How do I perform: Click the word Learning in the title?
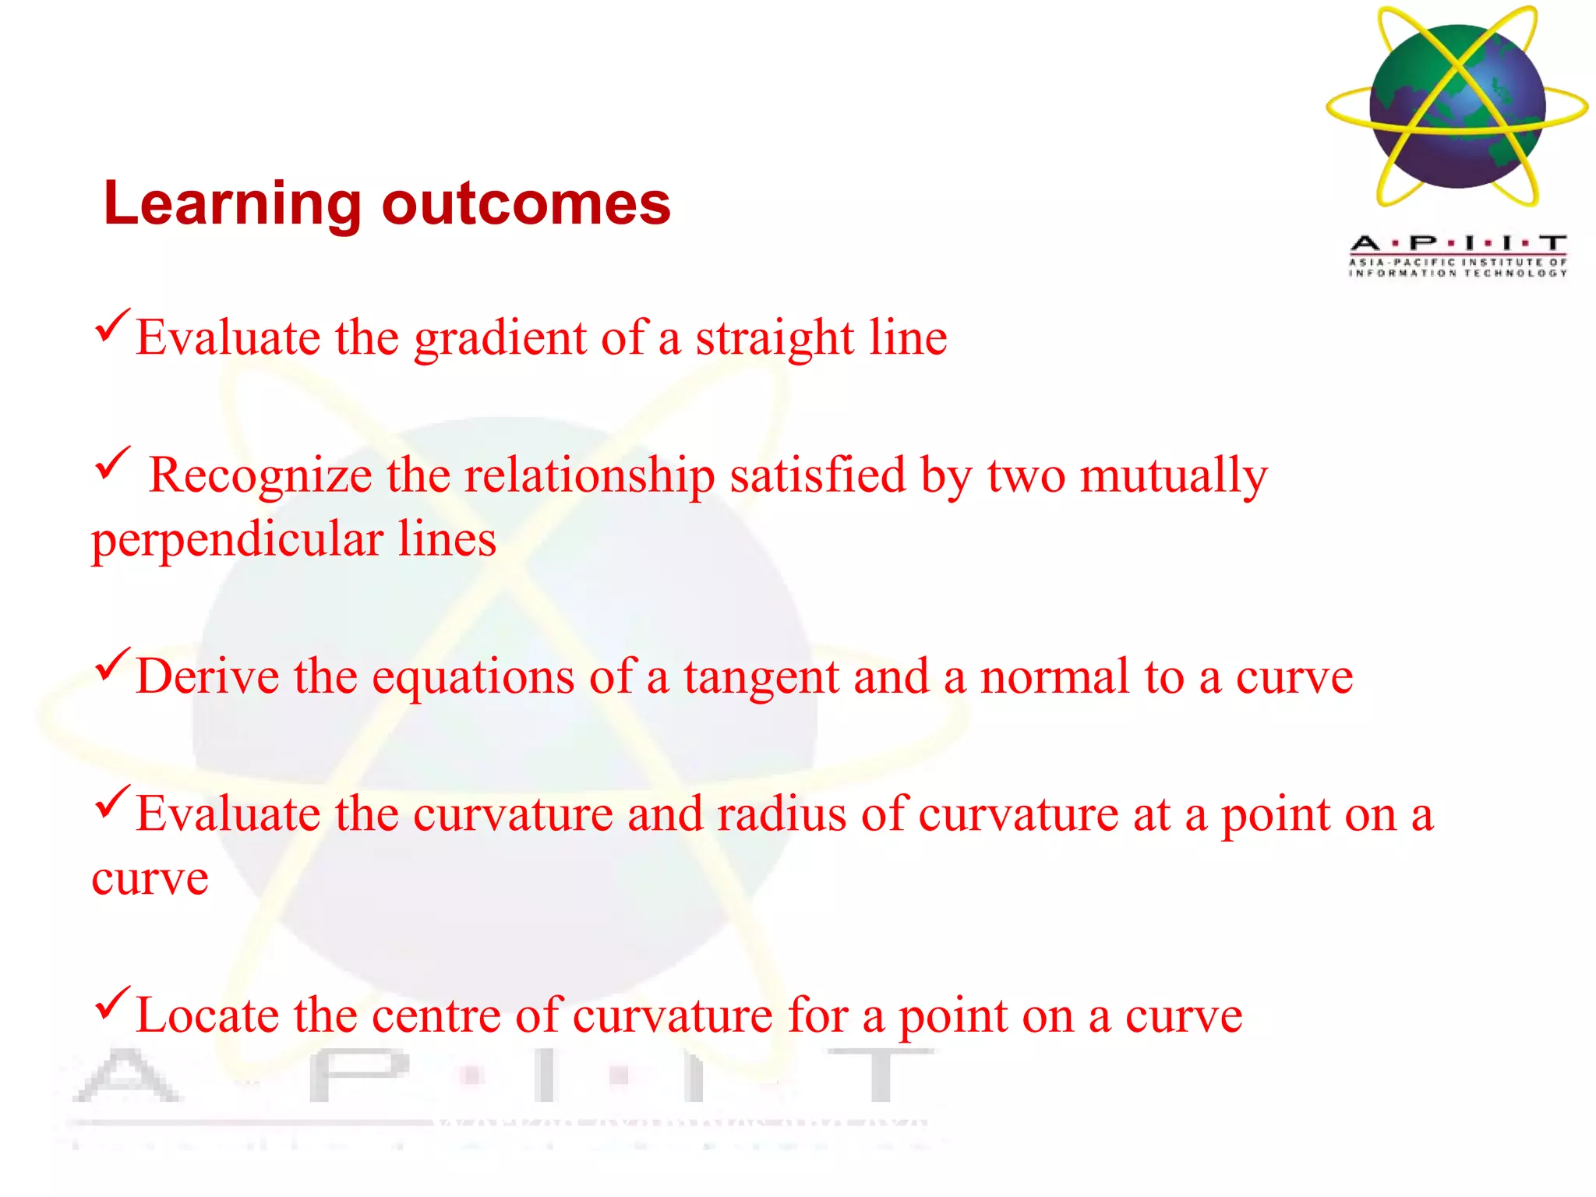pos(231,204)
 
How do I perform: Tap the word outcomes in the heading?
pos(526,204)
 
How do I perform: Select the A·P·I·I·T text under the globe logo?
pos(1458,243)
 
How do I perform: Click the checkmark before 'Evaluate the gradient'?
pos(112,326)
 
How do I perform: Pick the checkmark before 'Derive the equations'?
pos(112,664)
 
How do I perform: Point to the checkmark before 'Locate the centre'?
pos(112,1003)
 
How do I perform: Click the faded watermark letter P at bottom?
pos(358,1075)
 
